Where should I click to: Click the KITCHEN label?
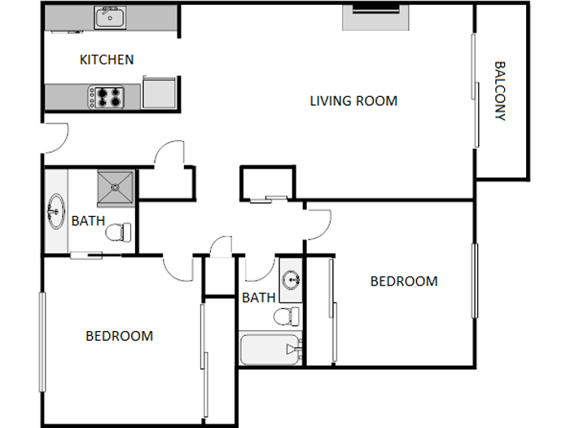coord(107,60)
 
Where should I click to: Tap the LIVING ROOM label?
coord(353,101)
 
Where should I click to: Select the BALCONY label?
coord(500,91)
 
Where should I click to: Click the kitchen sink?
coord(108,17)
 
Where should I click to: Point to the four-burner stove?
coord(108,97)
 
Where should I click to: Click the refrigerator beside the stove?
coord(159,93)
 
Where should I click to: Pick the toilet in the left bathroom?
coord(119,232)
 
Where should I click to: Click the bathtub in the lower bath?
coord(270,349)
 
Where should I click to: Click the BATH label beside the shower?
coord(88,221)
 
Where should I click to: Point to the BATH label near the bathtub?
coord(258,298)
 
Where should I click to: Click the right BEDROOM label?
coord(404,281)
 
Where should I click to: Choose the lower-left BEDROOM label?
coord(120,335)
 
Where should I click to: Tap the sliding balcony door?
coord(475,90)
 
